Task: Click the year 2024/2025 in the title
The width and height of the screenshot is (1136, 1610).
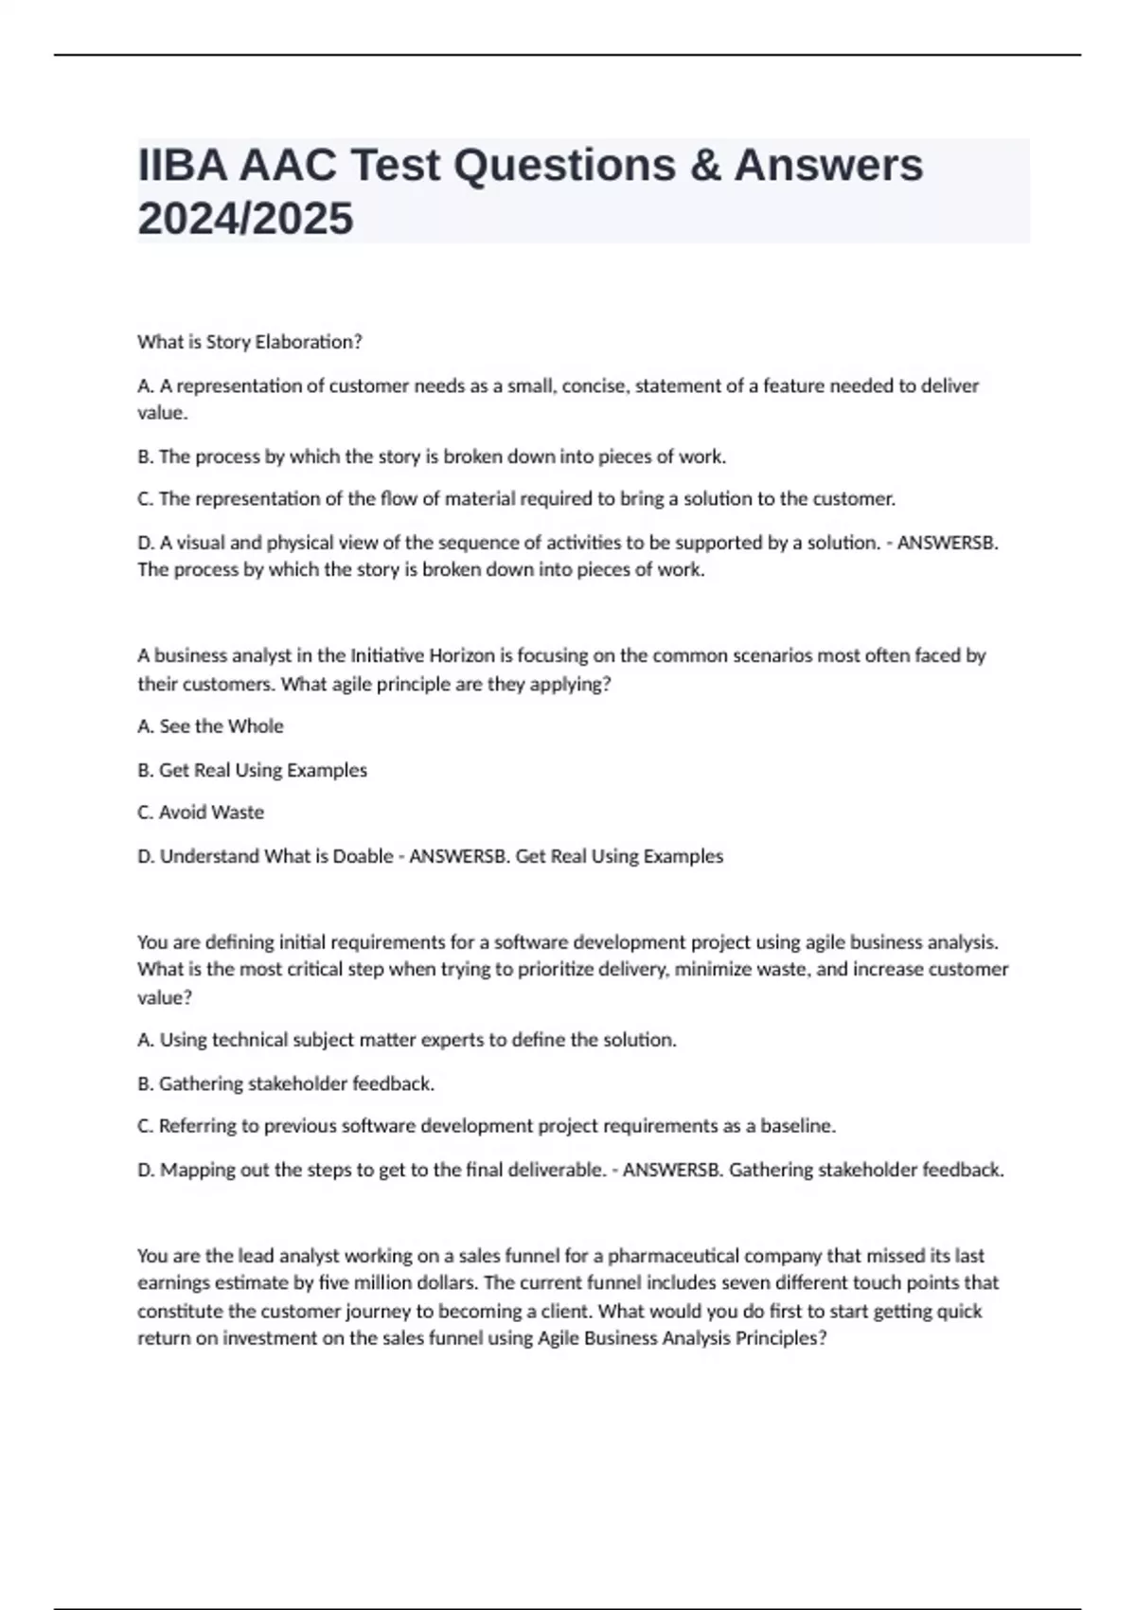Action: (x=245, y=219)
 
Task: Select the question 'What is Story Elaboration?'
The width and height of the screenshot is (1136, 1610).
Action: (x=250, y=342)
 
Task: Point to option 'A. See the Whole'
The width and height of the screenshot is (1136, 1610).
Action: (x=210, y=726)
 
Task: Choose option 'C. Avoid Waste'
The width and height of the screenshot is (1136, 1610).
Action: (x=201, y=813)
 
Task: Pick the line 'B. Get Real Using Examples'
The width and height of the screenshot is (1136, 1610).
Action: (x=252, y=770)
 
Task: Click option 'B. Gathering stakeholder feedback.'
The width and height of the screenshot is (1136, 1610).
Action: (x=286, y=1083)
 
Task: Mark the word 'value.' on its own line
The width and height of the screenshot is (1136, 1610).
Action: (x=163, y=413)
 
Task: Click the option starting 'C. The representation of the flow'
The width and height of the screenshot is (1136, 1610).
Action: (x=516, y=498)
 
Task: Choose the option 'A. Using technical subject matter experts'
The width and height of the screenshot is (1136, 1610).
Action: (x=407, y=1040)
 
